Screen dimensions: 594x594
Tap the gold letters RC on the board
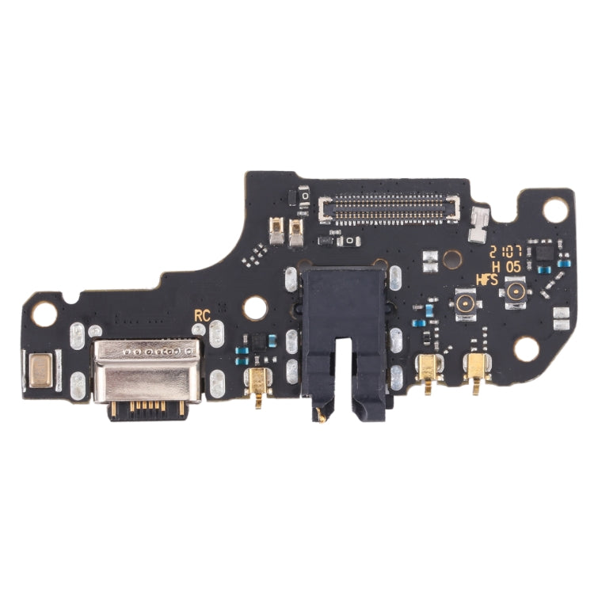point(202,314)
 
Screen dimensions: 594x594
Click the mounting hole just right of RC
point(255,309)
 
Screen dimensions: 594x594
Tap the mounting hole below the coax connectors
point(527,348)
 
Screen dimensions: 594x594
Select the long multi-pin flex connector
point(387,208)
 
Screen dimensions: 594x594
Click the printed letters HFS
point(486,279)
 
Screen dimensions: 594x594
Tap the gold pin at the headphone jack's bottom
point(322,413)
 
